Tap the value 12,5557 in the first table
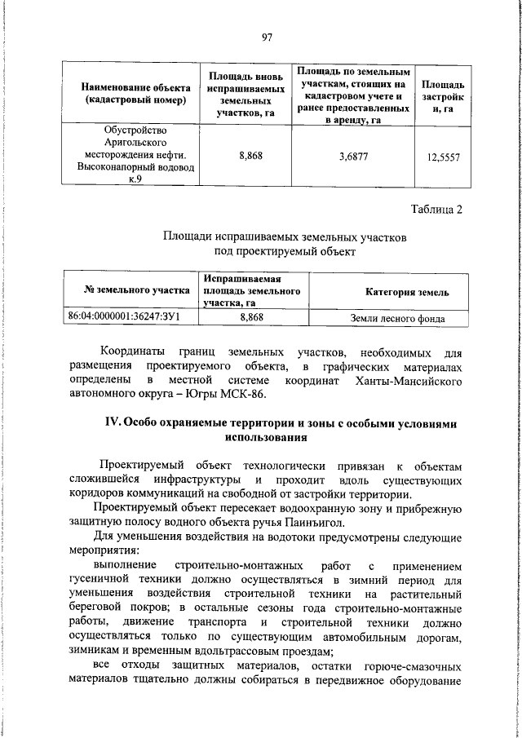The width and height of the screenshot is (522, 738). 444,157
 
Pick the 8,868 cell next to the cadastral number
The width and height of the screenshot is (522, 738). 251,316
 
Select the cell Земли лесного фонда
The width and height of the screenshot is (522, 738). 397,318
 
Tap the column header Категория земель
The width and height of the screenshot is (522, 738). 405,292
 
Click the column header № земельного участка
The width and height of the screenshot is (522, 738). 131,289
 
